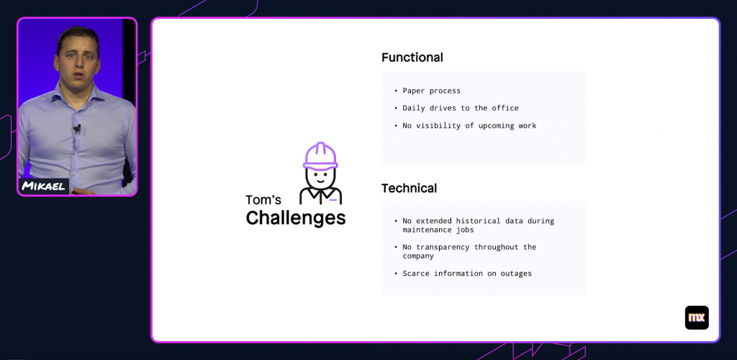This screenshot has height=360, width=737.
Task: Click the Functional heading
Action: coord(412,58)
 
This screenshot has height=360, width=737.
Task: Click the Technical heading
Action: coord(409,188)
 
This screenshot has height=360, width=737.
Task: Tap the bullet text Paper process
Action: coord(432,91)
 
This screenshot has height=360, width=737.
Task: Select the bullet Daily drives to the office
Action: coord(461,108)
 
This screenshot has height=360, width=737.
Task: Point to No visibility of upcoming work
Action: coord(469,125)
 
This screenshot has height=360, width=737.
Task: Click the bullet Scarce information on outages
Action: coord(467,273)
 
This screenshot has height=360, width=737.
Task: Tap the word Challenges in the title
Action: coord(296,218)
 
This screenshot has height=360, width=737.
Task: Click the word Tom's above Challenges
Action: coord(263,199)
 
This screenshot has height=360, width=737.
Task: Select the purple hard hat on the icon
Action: coord(320,156)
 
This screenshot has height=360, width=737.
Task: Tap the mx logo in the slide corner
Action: coord(697,318)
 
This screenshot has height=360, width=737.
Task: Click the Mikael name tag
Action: coord(44,186)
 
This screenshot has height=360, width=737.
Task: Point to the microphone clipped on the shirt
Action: coord(77,128)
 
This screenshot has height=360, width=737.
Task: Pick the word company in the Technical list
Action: coord(418,256)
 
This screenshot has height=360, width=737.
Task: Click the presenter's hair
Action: coord(78,37)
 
